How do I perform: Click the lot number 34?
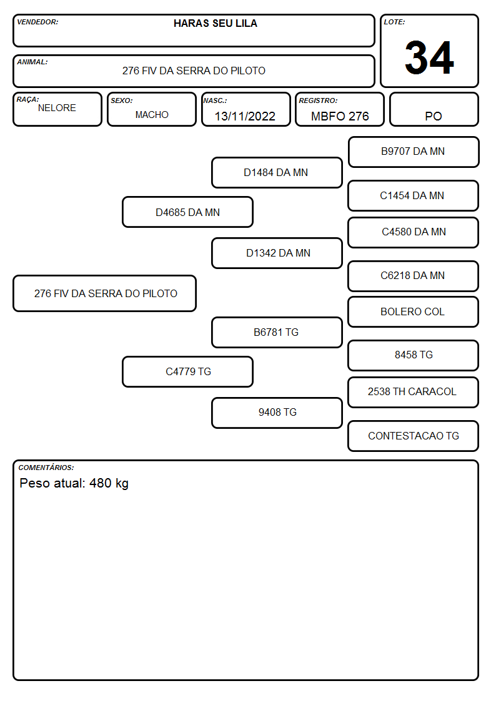coord(429,57)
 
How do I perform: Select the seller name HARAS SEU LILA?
coord(216,23)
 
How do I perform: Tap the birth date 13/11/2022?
coord(245,116)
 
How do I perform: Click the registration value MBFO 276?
coord(340,116)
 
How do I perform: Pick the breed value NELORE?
coord(57,108)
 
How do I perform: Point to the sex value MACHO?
coord(152,115)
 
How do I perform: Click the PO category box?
coord(434,109)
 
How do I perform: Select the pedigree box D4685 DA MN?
coord(188,212)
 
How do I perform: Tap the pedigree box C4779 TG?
coord(188,371)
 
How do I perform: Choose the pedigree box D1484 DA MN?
coord(277,172)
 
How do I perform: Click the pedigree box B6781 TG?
coord(277,332)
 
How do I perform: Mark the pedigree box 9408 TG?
coord(277,413)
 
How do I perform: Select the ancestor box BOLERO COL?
coord(414,311)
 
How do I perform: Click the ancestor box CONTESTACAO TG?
coord(414,436)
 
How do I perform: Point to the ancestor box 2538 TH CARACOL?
coord(414,392)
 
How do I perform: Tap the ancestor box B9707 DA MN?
coord(414,152)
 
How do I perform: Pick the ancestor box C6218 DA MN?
coord(414,276)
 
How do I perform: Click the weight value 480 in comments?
coord(100,483)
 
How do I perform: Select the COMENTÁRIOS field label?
coord(46,468)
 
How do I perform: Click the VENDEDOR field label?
coord(37,22)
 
